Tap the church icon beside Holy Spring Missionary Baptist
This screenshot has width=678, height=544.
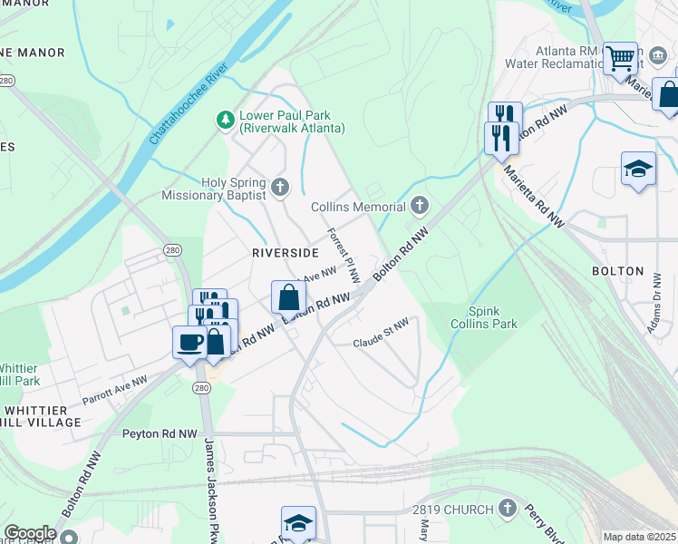280,188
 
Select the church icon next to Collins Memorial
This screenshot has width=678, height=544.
419,206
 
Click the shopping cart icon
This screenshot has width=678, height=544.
620,59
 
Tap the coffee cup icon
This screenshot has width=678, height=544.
189,342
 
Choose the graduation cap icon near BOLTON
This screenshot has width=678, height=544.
638,168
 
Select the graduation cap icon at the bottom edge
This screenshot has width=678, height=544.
298,522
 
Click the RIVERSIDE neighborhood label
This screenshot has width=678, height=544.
286,251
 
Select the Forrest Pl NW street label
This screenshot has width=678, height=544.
344,254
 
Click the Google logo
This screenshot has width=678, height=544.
30,533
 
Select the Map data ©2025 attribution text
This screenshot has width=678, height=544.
639,537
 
